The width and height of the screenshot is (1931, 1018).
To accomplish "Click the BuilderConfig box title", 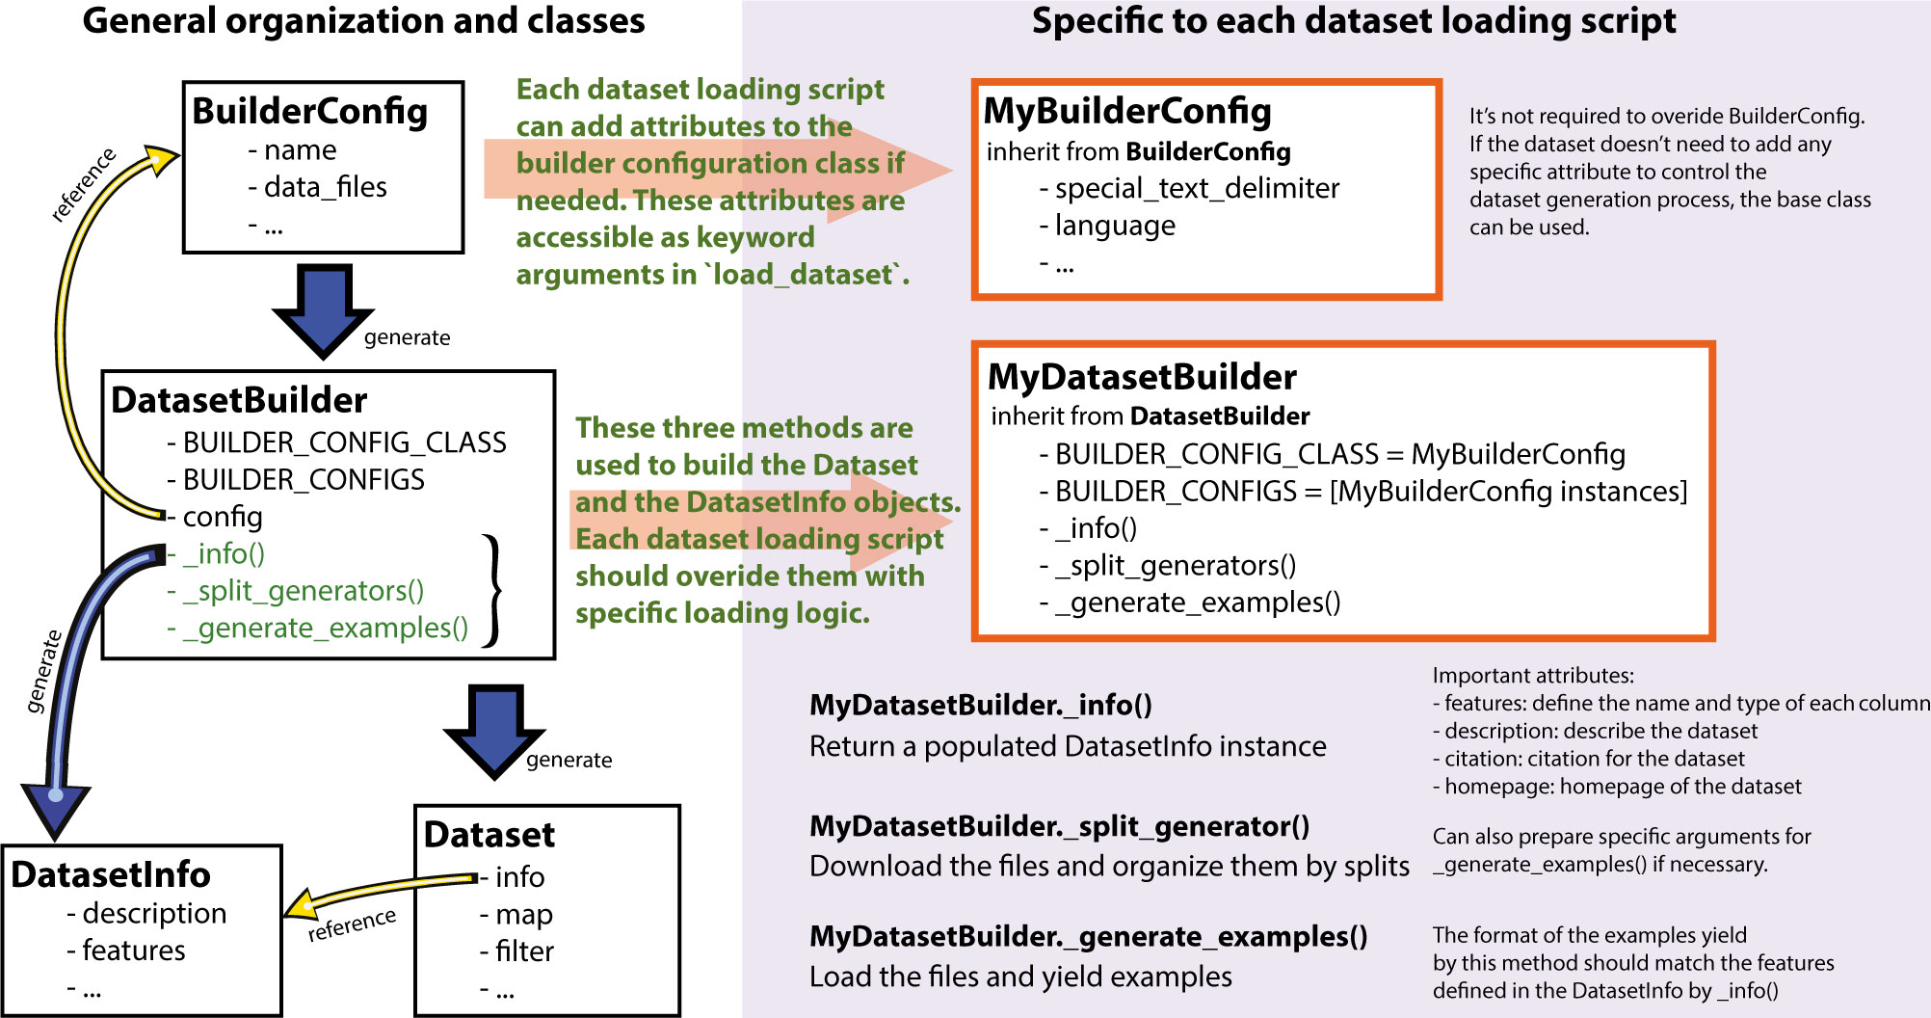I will click(x=309, y=111).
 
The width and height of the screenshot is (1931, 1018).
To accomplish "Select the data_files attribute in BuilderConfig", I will click(x=325, y=187).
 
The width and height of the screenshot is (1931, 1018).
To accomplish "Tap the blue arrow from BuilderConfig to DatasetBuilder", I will click(x=323, y=308).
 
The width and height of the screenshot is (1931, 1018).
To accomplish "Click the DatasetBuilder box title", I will click(x=239, y=400).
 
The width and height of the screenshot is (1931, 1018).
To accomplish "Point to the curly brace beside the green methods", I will click(x=493, y=589).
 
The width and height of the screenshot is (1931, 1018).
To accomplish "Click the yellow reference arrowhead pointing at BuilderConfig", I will click(x=162, y=159).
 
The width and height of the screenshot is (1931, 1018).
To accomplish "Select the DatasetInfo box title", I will click(x=111, y=874).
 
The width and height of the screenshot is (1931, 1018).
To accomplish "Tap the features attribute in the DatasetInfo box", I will click(x=133, y=951).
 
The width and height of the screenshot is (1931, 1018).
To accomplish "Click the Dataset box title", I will click(x=489, y=834).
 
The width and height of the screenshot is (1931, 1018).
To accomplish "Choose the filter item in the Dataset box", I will click(x=523, y=951).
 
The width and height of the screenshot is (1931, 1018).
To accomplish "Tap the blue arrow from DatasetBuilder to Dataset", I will click(x=494, y=729).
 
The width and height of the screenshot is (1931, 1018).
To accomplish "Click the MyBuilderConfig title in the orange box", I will click(x=1126, y=111).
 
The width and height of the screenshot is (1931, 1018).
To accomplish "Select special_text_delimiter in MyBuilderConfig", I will click(x=1196, y=189).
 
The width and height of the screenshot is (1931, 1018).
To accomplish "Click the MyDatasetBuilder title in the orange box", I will click(x=1142, y=377).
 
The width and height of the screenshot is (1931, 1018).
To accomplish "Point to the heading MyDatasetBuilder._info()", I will click(x=980, y=705).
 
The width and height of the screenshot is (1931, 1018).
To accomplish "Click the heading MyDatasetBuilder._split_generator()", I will click(x=1059, y=826).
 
